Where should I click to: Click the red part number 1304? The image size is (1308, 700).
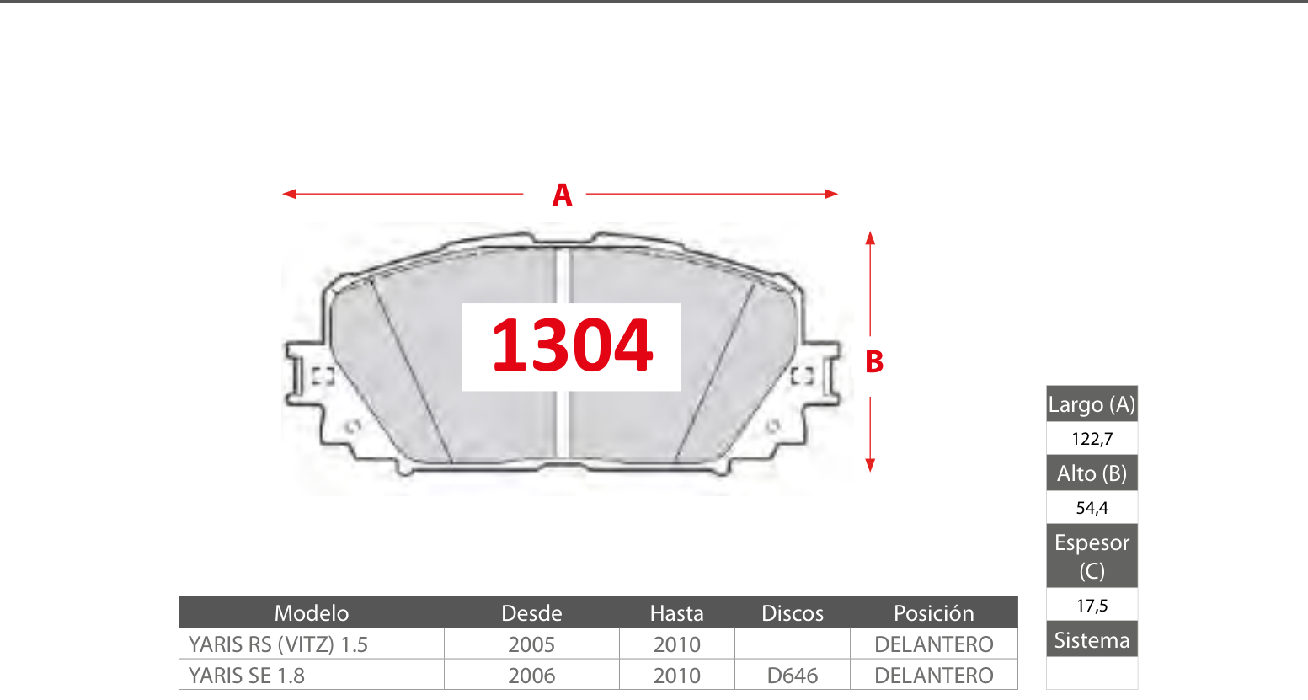point(572,345)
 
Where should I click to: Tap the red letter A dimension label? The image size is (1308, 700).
point(562,195)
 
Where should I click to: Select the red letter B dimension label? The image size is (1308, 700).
point(874,362)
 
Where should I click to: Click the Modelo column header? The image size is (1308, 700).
point(312,613)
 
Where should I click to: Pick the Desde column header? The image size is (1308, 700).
point(531,613)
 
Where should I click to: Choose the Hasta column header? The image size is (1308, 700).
point(677,613)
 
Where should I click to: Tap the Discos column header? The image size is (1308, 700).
point(793,613)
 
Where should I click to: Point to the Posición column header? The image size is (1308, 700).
point(934,613)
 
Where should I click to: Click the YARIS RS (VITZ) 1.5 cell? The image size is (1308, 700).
point(278,644)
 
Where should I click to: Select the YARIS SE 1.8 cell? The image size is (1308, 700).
point(247,676)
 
